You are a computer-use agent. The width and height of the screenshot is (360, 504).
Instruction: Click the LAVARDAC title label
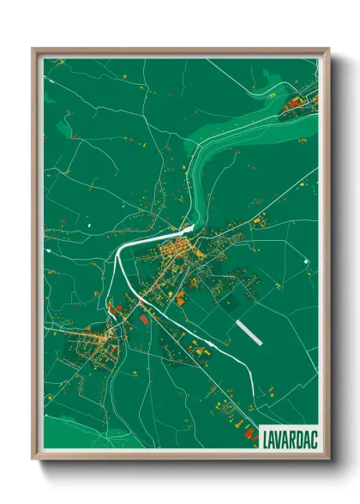click(287, 435)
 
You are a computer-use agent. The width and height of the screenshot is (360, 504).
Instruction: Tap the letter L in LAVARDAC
click(264, 435)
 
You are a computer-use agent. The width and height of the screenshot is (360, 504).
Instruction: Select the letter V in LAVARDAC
click(277, 435)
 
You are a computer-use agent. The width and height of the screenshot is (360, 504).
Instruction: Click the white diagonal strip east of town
click(248, 332)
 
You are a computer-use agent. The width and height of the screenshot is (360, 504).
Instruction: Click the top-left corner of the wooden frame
click(33, 50)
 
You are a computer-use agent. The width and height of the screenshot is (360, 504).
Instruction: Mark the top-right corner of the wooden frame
click(327, 50)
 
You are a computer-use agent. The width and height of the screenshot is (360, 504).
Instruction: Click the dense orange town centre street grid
click(176, 252)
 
